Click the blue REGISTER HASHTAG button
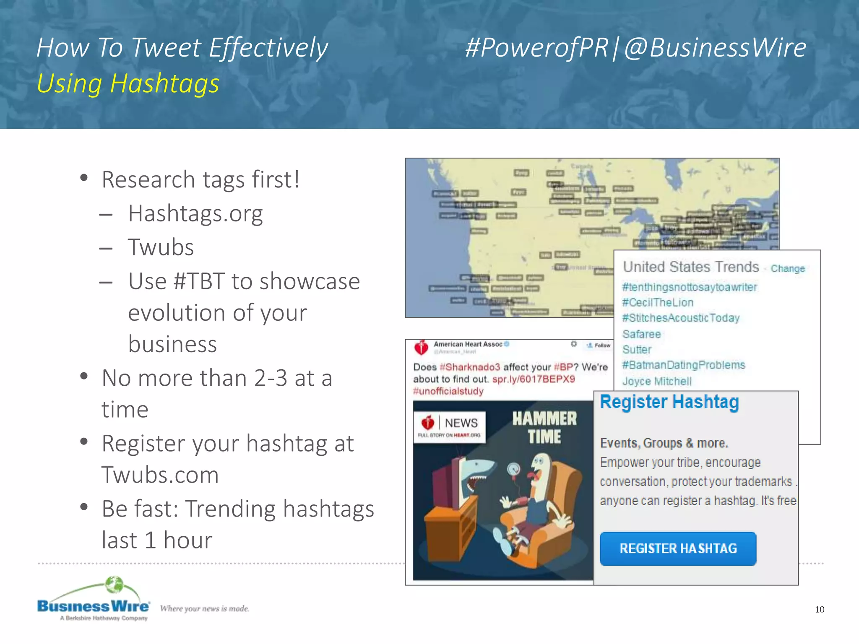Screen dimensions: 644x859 678,548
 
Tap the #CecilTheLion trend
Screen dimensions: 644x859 657,303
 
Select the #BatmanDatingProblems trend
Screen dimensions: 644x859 683,365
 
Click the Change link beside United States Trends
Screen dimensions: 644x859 787,269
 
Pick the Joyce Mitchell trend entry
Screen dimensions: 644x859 656,382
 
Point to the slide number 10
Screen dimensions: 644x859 819,610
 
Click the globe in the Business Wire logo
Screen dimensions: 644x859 114,584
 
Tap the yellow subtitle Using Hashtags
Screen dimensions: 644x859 128,83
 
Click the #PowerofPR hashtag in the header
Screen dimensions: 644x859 536,47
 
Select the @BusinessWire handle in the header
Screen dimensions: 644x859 715,47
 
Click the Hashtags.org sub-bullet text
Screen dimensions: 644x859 195,213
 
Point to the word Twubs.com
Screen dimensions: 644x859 160,475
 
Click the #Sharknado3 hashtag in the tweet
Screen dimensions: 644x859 469,367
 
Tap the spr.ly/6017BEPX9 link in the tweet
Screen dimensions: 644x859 533,379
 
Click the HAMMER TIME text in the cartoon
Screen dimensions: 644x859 544,428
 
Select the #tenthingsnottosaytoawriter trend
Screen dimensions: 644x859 689,287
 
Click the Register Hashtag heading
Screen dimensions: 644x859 669,402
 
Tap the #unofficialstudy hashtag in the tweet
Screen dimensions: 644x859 448,392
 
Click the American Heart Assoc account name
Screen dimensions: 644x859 468,344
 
